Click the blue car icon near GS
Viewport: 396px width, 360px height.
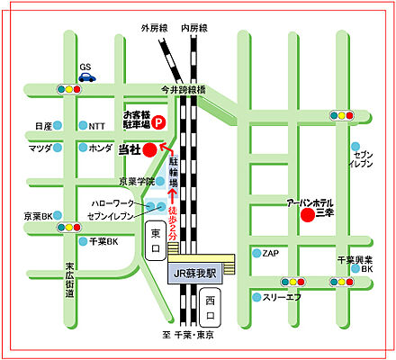(86, 77)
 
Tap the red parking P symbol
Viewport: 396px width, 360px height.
(157, 121)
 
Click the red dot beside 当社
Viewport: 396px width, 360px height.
(149, 150)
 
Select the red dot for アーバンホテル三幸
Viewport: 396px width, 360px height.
(307, 215)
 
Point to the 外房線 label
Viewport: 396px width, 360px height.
(155, 28)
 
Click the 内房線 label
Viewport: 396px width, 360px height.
(193, 28)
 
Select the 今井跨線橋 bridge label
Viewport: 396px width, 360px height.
(184, 90)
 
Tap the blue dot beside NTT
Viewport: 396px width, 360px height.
(82, 126)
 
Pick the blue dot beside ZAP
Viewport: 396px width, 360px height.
(256, 254)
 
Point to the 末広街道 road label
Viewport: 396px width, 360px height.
(69, 279)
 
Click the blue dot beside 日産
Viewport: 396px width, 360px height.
(57, 126)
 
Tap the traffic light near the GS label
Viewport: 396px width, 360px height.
(68, 89)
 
